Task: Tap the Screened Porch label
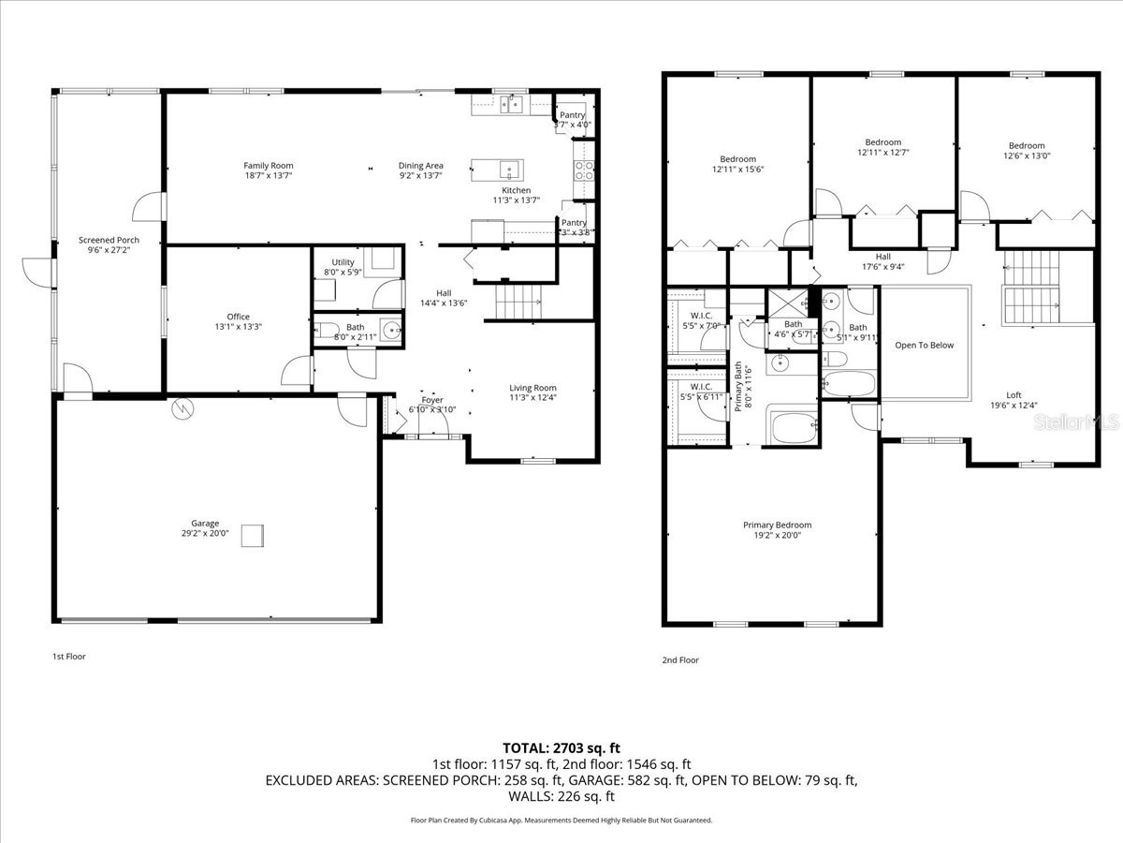tap(109, 241)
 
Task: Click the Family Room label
tap(269, 166)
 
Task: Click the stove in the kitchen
tap(583, 170)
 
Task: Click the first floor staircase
tap(518, 302)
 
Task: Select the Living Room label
tap(532, 388)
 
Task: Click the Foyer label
tap(431, 400)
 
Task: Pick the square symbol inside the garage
tap(253, 536)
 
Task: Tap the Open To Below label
tap(924, 346)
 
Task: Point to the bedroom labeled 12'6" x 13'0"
tap(1026, 146)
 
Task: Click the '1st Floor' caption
tap(68, 657)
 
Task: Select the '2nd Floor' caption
tap(680, 660)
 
